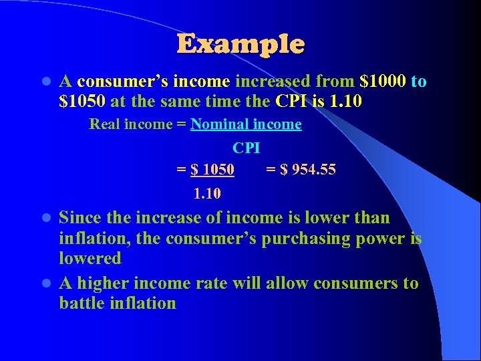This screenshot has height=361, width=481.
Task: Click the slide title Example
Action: coord(240,44)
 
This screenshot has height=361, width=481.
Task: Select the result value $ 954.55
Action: coord(308,170)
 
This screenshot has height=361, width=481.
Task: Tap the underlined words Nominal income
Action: coord(246,124)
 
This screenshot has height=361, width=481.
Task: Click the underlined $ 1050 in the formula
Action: coord(212,170)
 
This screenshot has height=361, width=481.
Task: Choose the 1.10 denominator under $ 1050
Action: coord(208,195)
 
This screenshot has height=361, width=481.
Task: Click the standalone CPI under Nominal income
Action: coord(247,147)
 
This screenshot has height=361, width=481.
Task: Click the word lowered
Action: coord(90,258)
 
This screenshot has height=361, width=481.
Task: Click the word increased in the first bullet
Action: coord(272,82)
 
